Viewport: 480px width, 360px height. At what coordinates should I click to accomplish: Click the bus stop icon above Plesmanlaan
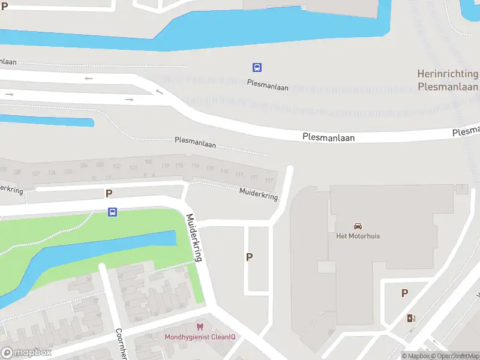point(257,68)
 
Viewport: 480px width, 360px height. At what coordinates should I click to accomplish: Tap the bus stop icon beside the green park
point(112,212)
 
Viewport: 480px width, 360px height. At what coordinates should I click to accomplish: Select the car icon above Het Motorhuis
point(358,226)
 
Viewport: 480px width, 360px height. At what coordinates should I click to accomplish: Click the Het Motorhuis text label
point(358,236)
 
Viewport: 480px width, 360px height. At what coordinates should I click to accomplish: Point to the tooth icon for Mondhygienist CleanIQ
point(200,327)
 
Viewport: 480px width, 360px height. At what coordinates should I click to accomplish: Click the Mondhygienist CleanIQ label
point(200,337)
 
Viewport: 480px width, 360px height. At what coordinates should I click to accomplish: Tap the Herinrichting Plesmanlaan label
point(448,80)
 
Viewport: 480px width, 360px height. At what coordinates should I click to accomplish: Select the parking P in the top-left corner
point(5,6)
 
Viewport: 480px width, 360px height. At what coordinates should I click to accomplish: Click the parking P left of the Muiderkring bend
point(109,193)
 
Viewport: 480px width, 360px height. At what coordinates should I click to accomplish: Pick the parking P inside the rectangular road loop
point(249,257)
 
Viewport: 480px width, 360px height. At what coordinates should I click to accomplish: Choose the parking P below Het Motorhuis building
point(404,293)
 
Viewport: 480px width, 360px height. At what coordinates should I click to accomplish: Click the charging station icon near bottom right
point(411,318)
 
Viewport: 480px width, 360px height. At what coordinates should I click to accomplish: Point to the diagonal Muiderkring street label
point(194,238)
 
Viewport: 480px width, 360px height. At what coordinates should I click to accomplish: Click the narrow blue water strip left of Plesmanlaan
point(48,119)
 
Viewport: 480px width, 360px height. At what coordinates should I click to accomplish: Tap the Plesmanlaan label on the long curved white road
point(328,137)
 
